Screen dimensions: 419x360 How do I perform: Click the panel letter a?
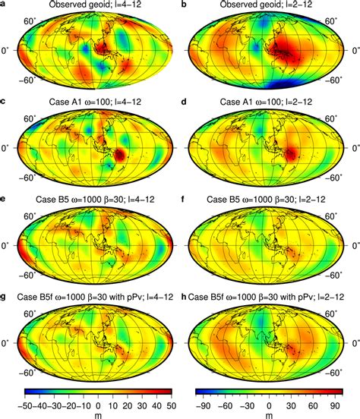click(x=4, y=6)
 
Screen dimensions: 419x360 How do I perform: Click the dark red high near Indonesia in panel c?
click(x=121, y=155)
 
